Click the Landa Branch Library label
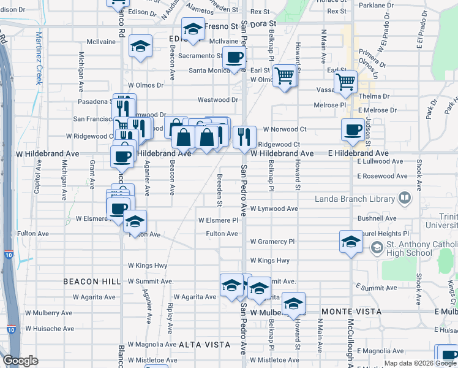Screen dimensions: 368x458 click(x=355, y=199)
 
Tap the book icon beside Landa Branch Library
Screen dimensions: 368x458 click(x=404, y=198)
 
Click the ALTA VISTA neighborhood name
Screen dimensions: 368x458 click(x=205, y=345)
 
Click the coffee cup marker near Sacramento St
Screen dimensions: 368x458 click(x=233, y=58)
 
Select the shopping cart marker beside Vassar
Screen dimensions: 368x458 click(x=345, y=80)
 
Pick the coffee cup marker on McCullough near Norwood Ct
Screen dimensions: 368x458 click(x=353, y=129)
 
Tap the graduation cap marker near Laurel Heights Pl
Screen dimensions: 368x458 click(x=351, y=241)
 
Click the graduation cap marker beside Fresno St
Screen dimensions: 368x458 click(x=193, y=28)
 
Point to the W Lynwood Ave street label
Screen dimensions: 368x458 click(x=274, y=209)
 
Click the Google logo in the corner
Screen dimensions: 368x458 click(x=21, y=361)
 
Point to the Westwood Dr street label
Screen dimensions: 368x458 click(x=217, y=99)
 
